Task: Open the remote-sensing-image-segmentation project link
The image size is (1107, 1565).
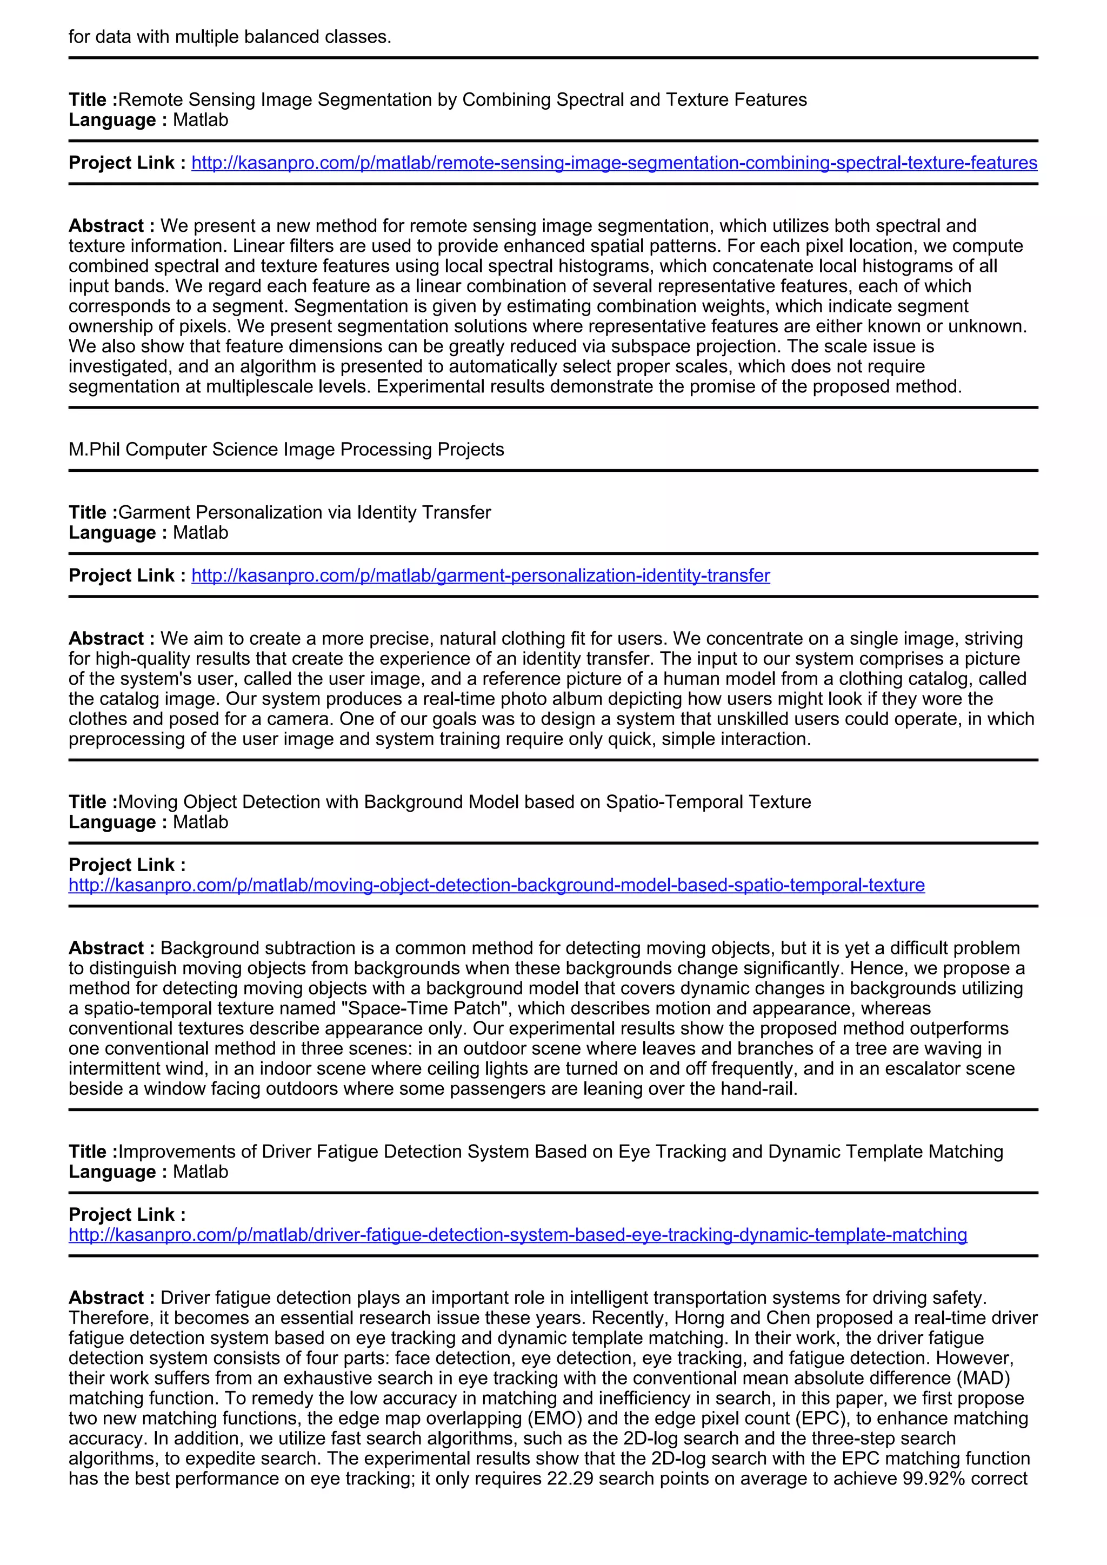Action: point(613,163)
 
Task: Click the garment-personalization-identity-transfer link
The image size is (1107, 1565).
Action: point(480,576)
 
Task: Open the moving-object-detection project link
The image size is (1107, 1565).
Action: point(496,885)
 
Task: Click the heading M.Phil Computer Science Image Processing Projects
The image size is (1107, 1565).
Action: point(286,449)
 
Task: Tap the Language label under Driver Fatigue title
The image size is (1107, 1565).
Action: point(112,1172)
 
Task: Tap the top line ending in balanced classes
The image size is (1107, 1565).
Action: point(230,37)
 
